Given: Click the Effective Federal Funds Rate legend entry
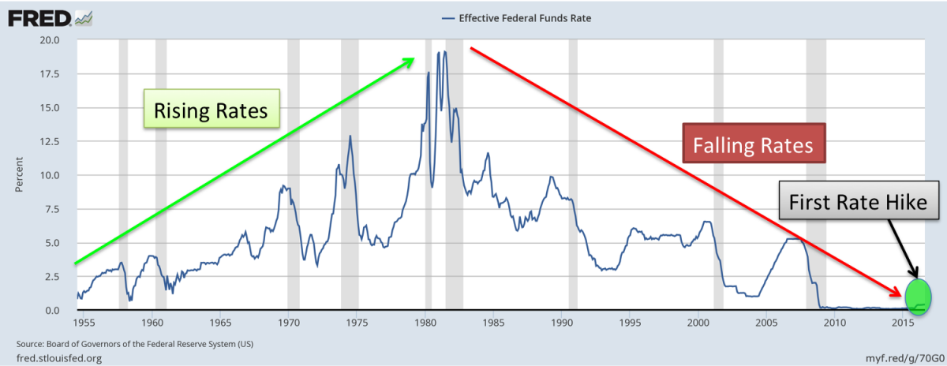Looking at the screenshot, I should coord(518,17).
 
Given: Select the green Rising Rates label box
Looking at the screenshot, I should coord(211,110).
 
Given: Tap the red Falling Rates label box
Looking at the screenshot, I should coord(754,145).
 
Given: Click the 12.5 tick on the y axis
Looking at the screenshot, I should coord(51,141).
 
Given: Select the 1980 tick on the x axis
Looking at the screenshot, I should coord(425,322).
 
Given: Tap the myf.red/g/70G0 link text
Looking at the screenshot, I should coord(899,359).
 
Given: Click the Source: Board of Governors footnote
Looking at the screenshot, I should coord(134,345).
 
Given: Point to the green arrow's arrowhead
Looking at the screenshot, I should coord(409,61).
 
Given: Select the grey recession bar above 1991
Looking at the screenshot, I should coord(573,174).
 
